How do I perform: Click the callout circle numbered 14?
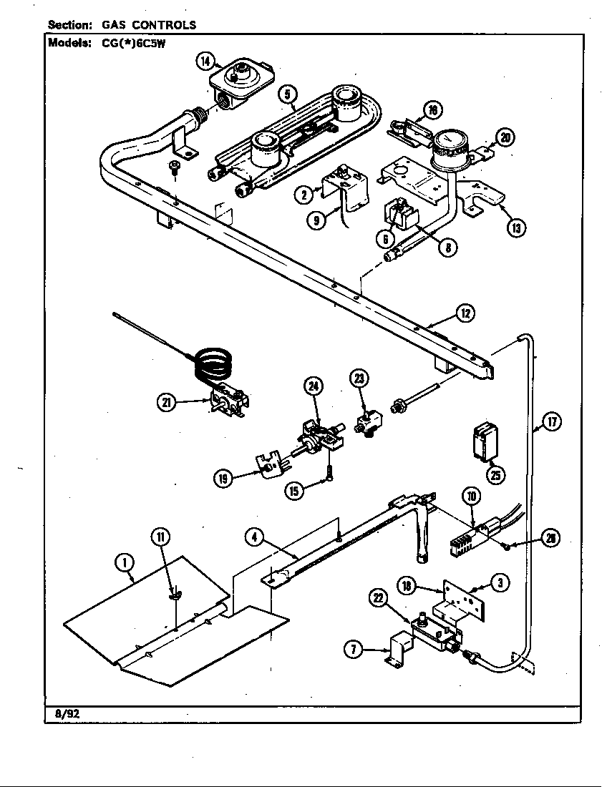[205, 62]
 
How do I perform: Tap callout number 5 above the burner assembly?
[286, 92]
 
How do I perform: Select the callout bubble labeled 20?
[505, 137]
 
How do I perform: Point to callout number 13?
[516, 228]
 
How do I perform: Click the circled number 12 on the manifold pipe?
[465, 313]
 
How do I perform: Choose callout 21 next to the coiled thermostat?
[167, 403]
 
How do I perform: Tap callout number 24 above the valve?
[313, 386]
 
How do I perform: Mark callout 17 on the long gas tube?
[551, 422]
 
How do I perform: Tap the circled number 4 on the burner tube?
[254, 537]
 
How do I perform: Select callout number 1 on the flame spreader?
[125, 564]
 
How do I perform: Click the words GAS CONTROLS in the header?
[149, 25]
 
